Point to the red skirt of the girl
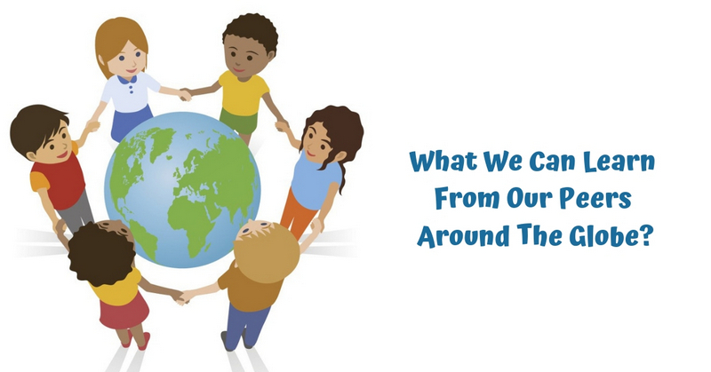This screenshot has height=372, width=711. pos(124,310)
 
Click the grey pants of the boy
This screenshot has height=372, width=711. pos(77,212)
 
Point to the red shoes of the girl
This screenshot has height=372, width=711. pos(135,340)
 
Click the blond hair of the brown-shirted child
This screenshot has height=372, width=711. pos(267,252)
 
